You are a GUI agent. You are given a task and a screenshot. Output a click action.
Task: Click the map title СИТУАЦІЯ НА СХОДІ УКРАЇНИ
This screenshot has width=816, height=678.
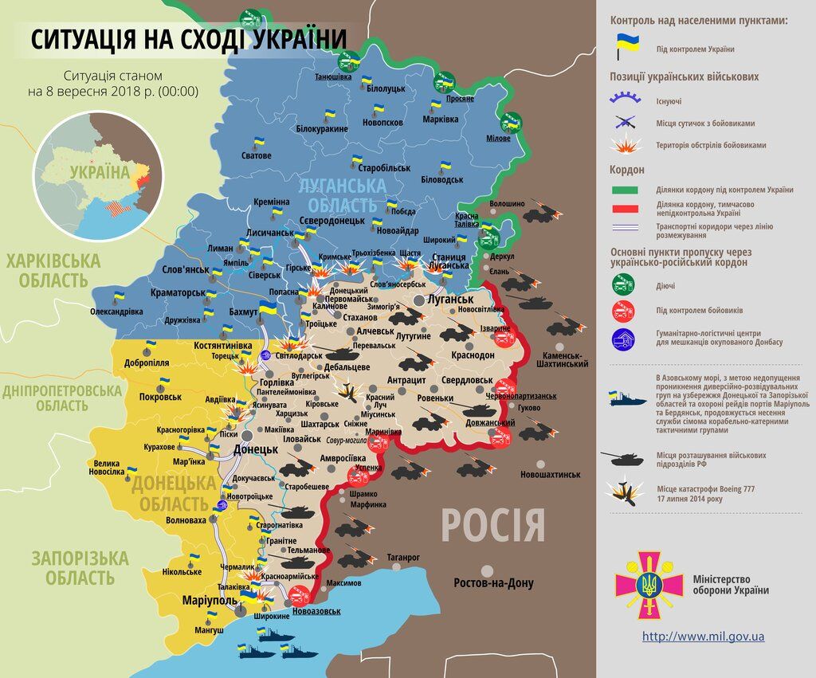pyautogui.click(x=189, y=39)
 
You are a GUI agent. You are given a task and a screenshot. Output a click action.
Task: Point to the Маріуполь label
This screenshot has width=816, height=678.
pyautogui.click(x=209, y=600)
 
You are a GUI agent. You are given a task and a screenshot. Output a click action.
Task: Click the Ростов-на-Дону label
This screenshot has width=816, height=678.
pyautogui.click(x=494, y=583)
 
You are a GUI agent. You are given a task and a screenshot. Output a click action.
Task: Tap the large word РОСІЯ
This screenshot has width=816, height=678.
pyautogui.click(x=493, y=527)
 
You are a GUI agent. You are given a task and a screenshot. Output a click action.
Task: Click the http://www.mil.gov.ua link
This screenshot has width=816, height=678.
pyautogui.click(x=703, y=637)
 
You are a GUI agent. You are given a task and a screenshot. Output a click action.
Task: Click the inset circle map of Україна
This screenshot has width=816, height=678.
pyautogui.click(x=98, y=176)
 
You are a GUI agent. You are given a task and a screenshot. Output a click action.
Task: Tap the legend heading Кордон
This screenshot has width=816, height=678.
pyautogui.click(x=627, y=170)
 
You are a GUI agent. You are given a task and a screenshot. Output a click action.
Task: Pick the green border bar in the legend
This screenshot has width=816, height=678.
pyautogui.click(x=635, y=190)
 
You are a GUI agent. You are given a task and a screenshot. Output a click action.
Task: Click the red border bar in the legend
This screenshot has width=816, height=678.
pyautogui.click(x=635, y=208)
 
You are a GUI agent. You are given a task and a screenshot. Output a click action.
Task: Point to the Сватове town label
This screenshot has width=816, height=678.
pyautogui.click(x=257, y=155)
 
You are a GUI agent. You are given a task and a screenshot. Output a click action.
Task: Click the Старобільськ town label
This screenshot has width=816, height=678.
pyautogui.click(x=384, y=169)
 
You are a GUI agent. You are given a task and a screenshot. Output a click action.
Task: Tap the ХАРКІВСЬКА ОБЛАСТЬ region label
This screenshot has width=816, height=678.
pyautogui.click(x=54, y=270)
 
